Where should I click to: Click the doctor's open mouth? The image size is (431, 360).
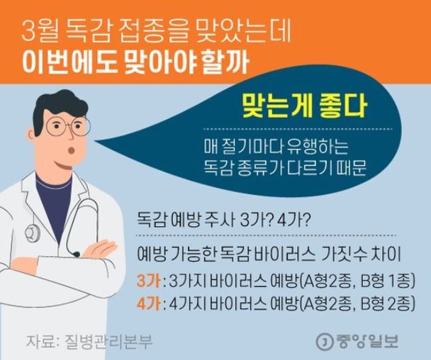point(72,150)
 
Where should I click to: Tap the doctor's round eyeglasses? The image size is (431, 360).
point(68,126)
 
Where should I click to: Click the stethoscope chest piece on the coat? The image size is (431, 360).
point(33,232)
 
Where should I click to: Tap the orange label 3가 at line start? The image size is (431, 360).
point(149,281)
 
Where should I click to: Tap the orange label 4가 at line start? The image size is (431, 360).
point(149,304)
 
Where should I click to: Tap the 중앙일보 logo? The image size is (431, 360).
point(357,341)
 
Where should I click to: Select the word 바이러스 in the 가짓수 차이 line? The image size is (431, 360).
point(285,254)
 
